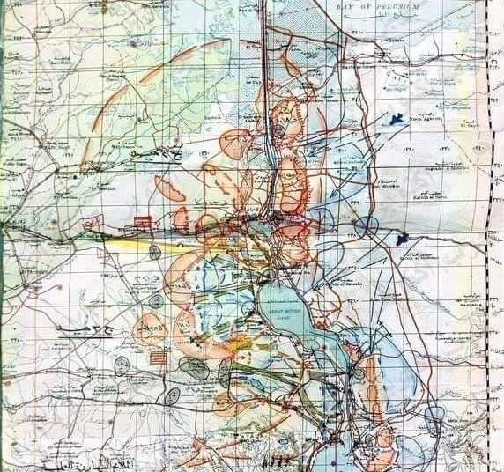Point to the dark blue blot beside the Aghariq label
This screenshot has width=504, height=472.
tap(396, 119)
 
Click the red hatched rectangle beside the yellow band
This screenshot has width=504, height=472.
tap(140, 222)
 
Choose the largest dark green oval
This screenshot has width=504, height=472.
tap(194, 368)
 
